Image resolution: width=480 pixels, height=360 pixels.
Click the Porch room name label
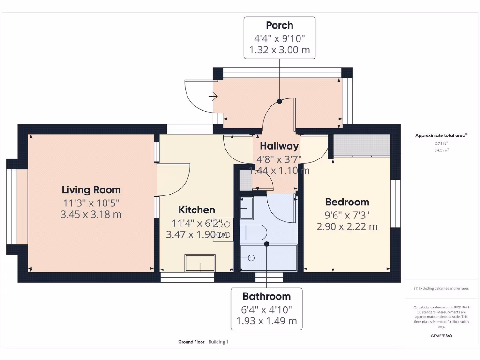[279, 25]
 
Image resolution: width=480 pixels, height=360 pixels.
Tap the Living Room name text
[91, 190]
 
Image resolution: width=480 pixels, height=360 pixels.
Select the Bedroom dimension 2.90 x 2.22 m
[347, 227]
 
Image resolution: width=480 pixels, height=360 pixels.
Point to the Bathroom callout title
[266, 296]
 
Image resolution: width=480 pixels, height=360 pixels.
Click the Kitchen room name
[197, 210]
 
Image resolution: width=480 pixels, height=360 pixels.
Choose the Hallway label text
[279, 146]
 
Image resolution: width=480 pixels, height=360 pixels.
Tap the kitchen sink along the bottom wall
[200, 263]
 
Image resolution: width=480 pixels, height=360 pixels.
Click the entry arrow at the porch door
[213, 97]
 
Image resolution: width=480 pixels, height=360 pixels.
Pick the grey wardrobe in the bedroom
[361, 145]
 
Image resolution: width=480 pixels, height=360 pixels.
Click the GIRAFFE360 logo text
[441, 336]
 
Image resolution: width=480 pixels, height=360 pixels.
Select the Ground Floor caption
[191, 342]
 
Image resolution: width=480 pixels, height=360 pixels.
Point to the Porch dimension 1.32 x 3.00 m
[279, 50]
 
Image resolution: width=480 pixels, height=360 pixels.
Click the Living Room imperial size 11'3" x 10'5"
[91, 203]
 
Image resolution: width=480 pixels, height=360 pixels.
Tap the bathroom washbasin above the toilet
[247, 209]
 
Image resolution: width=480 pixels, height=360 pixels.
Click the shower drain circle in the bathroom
[251, 258]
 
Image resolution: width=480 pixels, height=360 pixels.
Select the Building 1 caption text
[218, 342]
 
